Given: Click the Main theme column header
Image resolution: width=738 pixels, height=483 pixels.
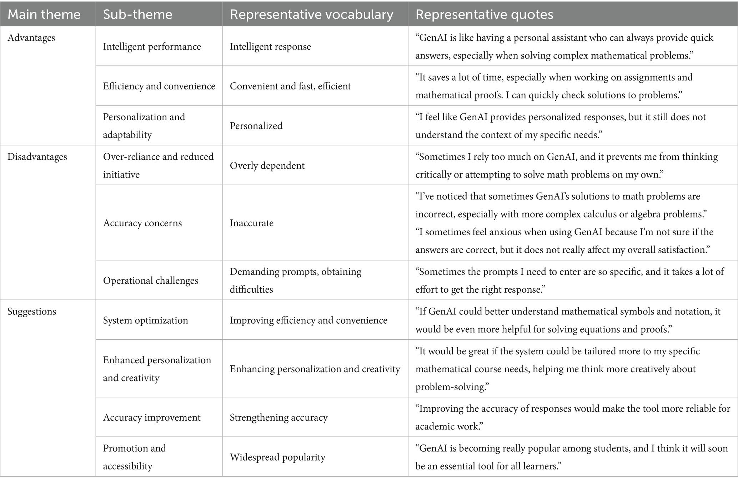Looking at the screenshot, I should tap(44, 15).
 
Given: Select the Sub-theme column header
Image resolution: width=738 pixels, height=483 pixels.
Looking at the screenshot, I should tap(137, 15).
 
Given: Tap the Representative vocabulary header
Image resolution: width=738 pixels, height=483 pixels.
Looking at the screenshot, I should tap(311, 15).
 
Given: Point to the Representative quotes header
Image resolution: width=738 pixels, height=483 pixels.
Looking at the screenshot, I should tap(484, 15).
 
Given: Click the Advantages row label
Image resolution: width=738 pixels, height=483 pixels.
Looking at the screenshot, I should tap(31, 38).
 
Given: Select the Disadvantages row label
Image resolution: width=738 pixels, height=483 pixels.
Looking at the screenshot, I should tap(37, 157).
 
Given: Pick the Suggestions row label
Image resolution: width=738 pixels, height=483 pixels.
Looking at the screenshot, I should tap(32, 312).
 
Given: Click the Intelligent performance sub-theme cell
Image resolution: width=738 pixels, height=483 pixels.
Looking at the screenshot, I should tap(152, 47).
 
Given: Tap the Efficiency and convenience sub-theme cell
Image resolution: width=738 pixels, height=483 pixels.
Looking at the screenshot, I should tap(159, 86).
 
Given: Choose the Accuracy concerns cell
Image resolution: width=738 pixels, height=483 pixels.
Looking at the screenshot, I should tap(142, 223).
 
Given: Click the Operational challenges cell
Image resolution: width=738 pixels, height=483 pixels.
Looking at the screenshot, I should tap(150, 281).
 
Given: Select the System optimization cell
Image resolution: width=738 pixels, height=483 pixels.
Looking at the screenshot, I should tap(145, 320).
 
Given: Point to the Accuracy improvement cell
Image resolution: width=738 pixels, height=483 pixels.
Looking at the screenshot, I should tap(151, 417).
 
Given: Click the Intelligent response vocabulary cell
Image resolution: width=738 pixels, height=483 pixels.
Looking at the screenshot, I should tap(270, 47).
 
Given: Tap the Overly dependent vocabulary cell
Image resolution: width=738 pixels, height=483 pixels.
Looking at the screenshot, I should tap(267, 166).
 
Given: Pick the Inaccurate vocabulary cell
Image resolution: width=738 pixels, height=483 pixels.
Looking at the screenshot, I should tap(251, 223).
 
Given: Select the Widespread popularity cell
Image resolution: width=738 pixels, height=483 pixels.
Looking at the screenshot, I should tap(277, 457).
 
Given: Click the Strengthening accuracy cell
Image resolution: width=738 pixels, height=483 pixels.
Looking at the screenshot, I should tap(278, 417).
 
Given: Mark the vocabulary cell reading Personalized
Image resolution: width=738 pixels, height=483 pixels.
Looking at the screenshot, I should tap(256, 126).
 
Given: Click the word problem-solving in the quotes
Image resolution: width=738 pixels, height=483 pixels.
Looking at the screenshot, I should tap(452, 387).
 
